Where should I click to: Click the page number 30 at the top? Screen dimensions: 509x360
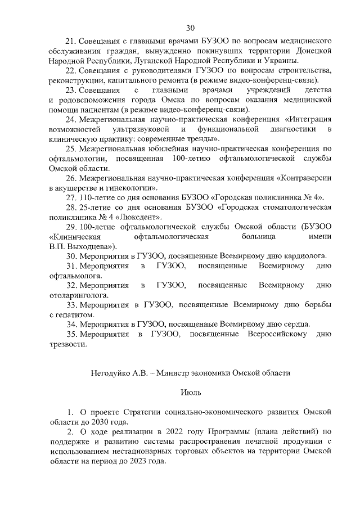point(190,27)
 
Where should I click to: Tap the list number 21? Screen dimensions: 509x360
point(71,41)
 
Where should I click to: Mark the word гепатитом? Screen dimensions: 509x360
point(71,314)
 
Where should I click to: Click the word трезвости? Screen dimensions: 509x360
point(68,344)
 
